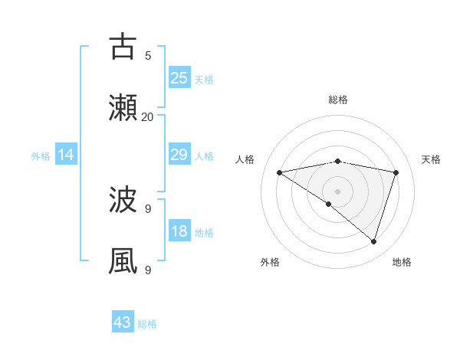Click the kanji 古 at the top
pyautogui.click(x=123, y=47)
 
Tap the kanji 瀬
pyautogui.click(x=123, y=108)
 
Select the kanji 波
pyautogui.click(x=123, y=201)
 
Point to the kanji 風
pyautogui.click(x=123, y=261)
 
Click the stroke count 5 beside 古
pyautogui.click(x=148, y=55)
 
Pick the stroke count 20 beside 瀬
pyautogui.click(x=148, y=116)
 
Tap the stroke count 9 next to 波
pyautogui.click(x=148, y=208)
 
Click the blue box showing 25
pyautogui.click(x=179, y=77)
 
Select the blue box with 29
pyautogui.click(x=179, y=155)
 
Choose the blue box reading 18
pyautogui.click(x=179, y=231)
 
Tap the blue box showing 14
pyautogui.click(x=66, y=155)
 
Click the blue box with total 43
pyautogui.click(x=123, y=322)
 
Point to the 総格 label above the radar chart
pyautogui.click(x=338, y=100)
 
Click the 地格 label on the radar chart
pyautogui.click(x=402, y=262)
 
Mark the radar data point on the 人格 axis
pyautogui.click(x=279, y=172)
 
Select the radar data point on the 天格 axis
pyautogui.click(x=396, y=172)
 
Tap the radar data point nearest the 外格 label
pyautogui.click(x=329, y=204)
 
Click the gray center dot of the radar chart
pyautogui.click(x=338, y=191)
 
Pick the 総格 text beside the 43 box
pyautogui.click(x=147, y=324)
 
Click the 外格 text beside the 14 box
pyautogui.click(x=41, y=156)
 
